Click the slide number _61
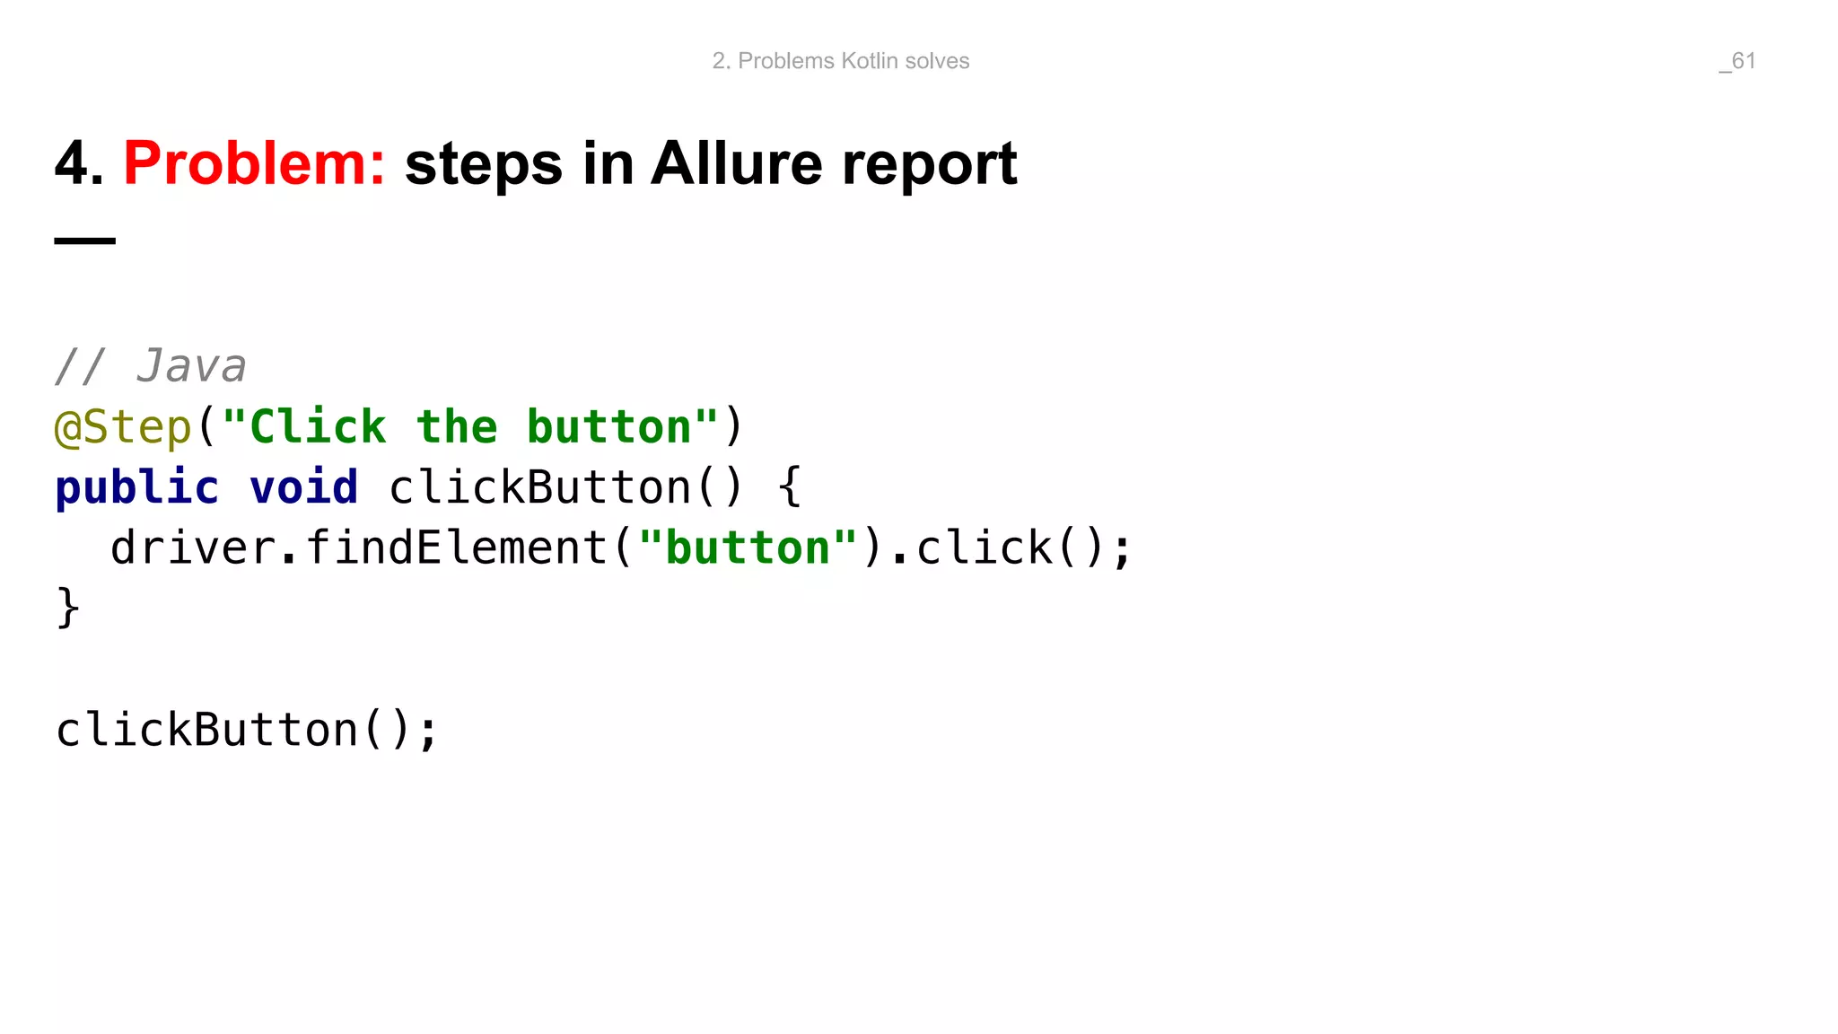click(1737, 61)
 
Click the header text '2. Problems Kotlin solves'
click(841, 61)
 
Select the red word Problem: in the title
click(254, 164)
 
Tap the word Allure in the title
click(736, 164)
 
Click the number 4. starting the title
click(79, 164)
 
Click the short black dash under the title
click(85, 241)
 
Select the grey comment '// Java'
click(150, 366)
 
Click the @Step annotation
click(124, 427)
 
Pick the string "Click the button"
click(470, 426)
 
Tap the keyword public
click(136, 488)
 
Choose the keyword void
click(303, 488)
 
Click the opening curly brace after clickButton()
click(789, 487)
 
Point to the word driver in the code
click(192, 548)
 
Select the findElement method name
click(457, 548)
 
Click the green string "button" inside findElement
click(748, 548)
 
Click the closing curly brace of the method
click(68, 609)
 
